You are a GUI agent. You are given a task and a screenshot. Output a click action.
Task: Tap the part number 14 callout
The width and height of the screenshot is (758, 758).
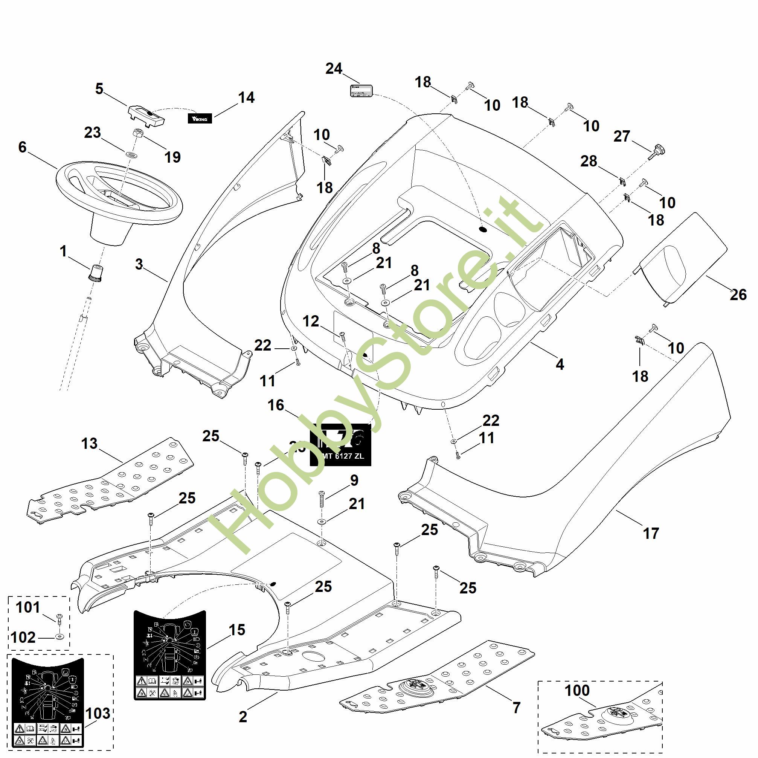click(246, 98)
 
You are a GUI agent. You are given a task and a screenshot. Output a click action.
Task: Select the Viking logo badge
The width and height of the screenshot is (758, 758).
click(200, 118)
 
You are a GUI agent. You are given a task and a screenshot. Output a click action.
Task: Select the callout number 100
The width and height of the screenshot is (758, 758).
click(577, 690)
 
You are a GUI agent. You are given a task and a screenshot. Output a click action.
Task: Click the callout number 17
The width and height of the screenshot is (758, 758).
click(651, 533)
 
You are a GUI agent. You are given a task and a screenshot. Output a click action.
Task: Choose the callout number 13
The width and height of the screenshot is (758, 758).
click(89, 443)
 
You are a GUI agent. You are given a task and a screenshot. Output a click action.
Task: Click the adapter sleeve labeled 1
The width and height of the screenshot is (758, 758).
click(95, 272)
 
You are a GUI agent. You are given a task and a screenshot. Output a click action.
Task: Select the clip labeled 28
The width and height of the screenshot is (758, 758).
click(622, 181)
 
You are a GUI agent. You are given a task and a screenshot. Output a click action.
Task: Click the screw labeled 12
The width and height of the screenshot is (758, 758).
click(342, 336)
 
